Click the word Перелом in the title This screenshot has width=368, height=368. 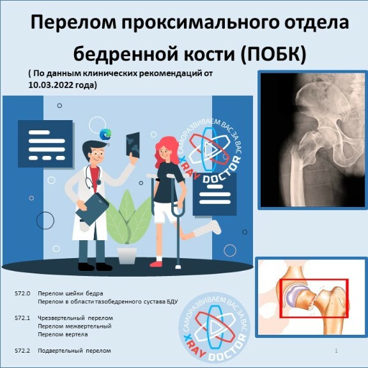[x=73, y=22]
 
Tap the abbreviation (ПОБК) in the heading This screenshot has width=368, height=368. [x=273, y=54]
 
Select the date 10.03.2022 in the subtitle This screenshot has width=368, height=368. [x=50, y=85]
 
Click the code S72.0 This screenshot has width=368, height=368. [x=22, y=293]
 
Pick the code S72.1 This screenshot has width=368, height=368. [x=22, y=318]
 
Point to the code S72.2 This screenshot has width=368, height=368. [x=22, y=351]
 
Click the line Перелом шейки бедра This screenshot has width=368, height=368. [x=70, y=294]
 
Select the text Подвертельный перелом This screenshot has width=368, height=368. [x=74, y=351]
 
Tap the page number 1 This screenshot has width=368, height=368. [x=336, y=351]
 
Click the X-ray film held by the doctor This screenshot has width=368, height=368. [x=133, y=144]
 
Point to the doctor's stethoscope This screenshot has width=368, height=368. [x=92, y=177]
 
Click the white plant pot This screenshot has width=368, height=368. [x=127, y=256]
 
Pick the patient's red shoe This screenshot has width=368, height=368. [x=156, y=264]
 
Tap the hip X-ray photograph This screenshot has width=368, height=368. [x=312, y=140]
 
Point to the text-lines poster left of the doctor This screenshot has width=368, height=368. [x=45, y=144]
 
